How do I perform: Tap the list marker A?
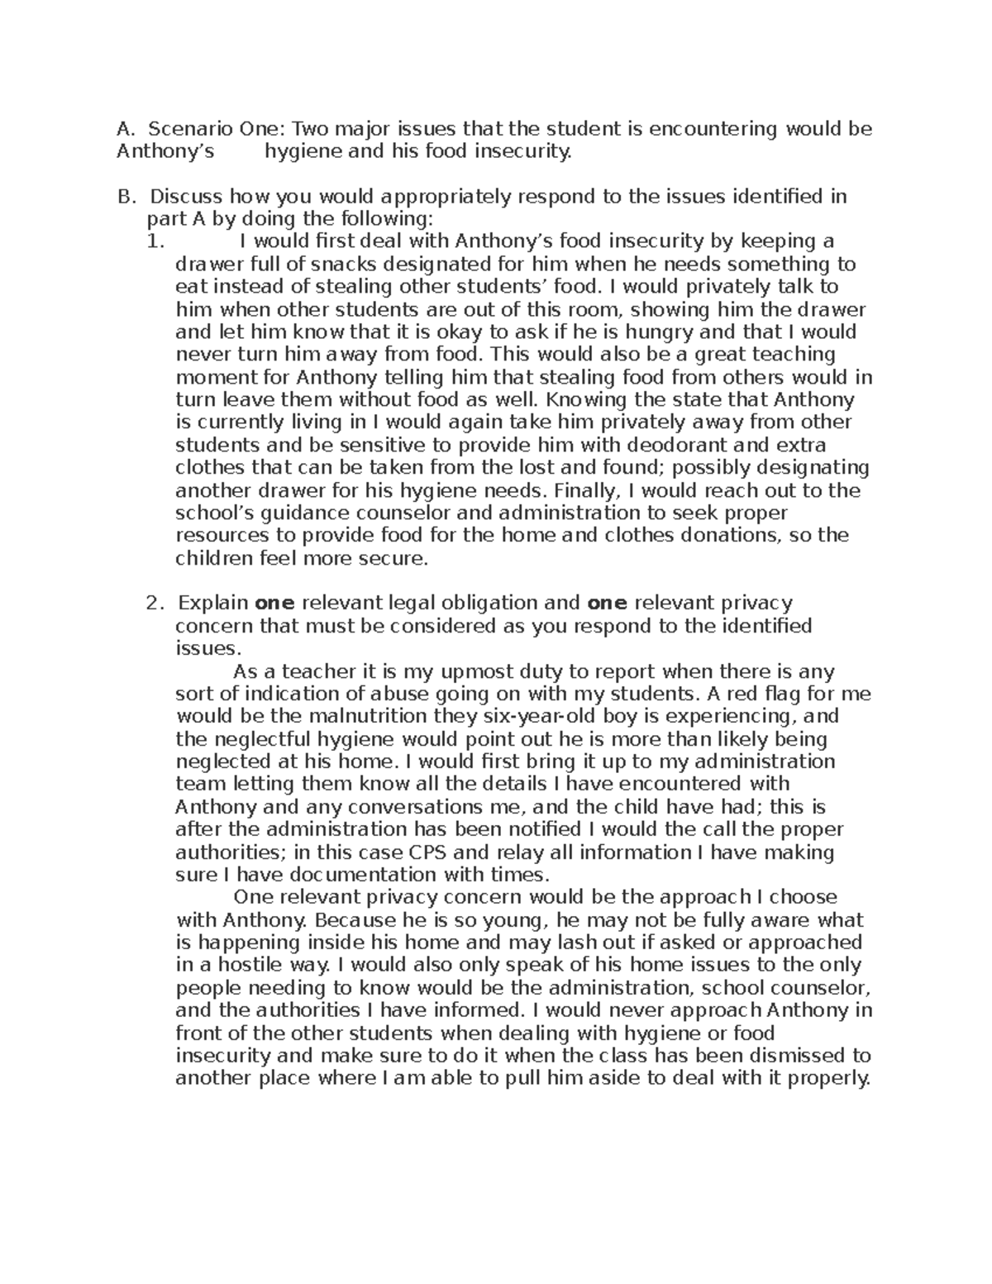click(125, 129)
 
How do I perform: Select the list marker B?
click(125, 197)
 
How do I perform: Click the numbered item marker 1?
click(155, 242)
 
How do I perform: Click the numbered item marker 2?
click(155, 603)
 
